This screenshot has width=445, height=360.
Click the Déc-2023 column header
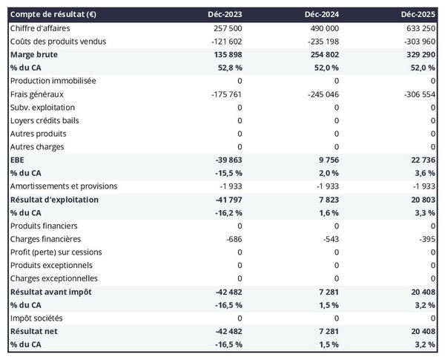pyautogui.click(x=225, y=15)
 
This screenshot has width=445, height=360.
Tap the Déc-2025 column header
pyautogui.click(x=419, y=15)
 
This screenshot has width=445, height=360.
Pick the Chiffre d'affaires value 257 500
pyautogui.click(x=227, y=27)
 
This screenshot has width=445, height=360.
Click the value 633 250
pyautogui.click(x=420, y=27)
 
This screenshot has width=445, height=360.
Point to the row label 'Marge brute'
pyautogui.click(x=35, y=55)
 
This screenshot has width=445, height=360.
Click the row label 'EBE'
pyautogui.click(x=18, y=160)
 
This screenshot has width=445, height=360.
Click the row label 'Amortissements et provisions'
pyautogui.click(x=64, y=186)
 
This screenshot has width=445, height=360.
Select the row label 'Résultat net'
pyautogui.click(x=35, y=331)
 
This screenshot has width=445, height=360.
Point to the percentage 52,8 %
pyautogui.click(x=228, y=68)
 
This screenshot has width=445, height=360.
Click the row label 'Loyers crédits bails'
pyautogui.click(x=46, y=120)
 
